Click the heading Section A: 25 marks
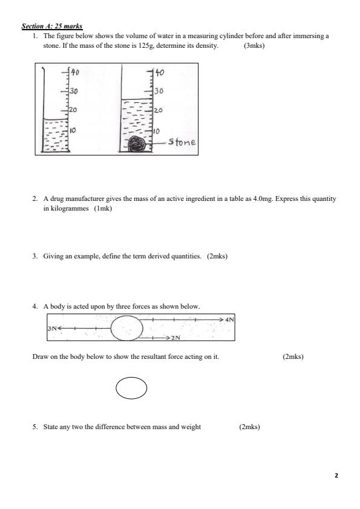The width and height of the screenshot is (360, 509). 52,27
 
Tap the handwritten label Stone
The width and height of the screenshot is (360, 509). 182,142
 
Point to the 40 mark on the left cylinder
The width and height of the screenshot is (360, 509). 76,73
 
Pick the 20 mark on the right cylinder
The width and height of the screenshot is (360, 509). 159,111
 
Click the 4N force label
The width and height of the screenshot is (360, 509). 229,318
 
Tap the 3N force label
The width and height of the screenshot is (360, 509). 53,328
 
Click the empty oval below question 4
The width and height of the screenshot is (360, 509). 131,388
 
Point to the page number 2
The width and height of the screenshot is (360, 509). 336,476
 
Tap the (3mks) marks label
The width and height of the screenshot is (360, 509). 254,45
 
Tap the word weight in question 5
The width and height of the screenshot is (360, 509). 191,427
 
